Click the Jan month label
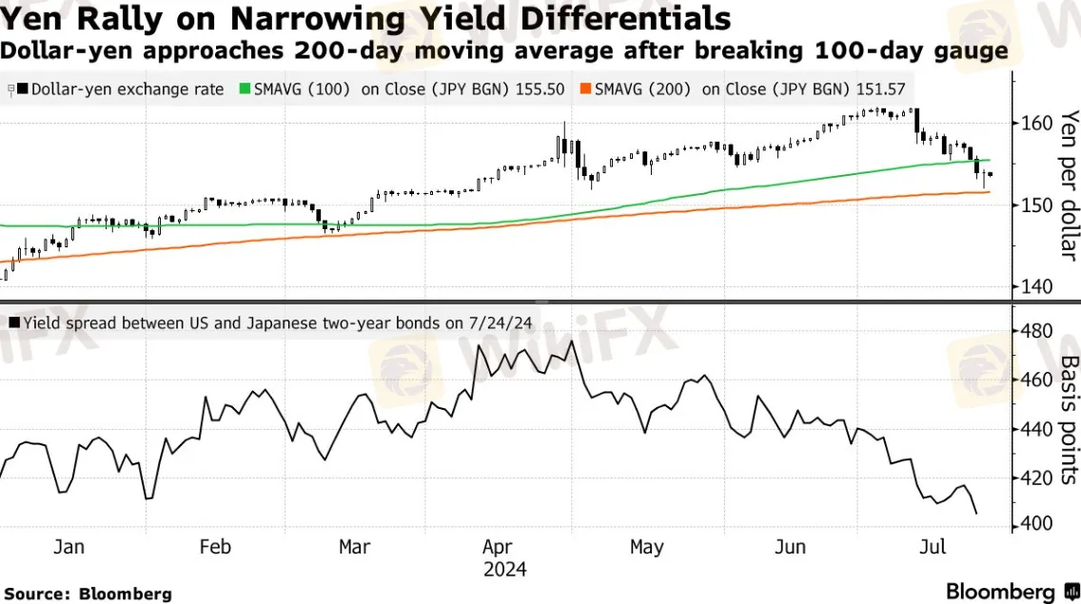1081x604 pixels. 69,547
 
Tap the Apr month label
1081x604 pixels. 499,547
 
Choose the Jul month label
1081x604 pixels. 936,547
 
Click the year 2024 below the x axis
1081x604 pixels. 504,570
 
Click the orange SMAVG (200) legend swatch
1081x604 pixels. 586,89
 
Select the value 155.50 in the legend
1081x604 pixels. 540,89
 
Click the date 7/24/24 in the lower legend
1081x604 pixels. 498,323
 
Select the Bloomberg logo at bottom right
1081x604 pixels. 1009,591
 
